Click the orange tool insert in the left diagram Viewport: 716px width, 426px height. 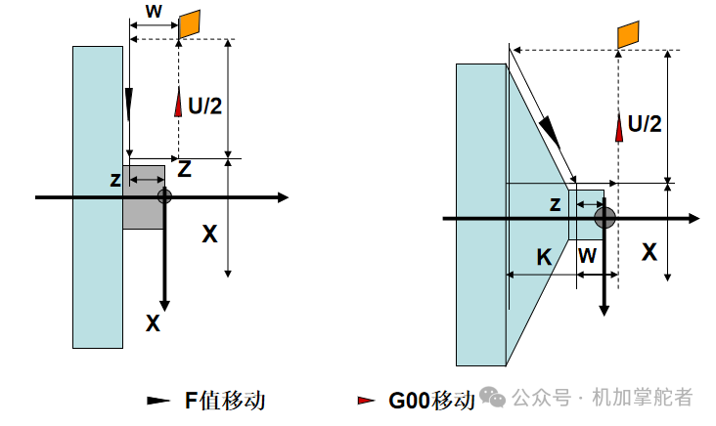[190, 24]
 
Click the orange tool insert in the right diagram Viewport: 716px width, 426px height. [628, 34]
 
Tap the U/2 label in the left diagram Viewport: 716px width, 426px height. [205, 106]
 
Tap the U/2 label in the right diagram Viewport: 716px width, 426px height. [645, 124]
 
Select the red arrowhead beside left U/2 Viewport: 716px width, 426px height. [178, 102]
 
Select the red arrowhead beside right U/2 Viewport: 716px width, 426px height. [619, 127]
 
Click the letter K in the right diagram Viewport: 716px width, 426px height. [544, 257]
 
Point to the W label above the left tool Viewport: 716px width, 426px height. [154, 11]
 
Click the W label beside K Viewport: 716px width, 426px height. [587, 256]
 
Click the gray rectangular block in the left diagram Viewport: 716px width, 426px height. [144, 197]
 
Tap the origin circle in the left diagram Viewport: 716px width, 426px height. [165, 196]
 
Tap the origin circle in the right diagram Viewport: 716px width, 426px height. [604, 218]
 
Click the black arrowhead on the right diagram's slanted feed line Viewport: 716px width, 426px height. [550, 132]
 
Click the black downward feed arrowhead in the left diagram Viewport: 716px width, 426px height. [129, 105]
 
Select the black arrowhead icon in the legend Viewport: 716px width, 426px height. [158, 401]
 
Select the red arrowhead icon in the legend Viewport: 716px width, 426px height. [367, 401]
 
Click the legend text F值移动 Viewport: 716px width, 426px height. [225, 401]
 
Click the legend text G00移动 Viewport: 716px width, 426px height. [431, 401]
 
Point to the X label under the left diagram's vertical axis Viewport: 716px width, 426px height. [153, 323]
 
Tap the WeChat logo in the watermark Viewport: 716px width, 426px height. [493, 397]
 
